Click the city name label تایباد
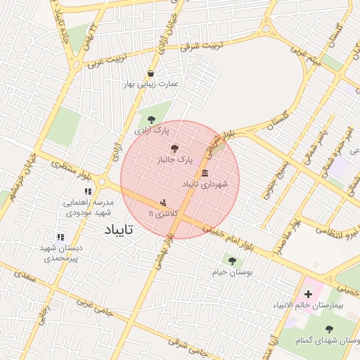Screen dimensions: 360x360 (x=129, y=230)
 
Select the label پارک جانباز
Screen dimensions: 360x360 (x=174, y=160)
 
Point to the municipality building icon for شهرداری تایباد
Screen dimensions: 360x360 (x=205, y=173)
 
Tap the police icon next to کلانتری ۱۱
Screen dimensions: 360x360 (x=164, y=202)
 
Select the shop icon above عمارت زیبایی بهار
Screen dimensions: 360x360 (x=150, y=73)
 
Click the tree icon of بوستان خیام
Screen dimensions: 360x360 (x=231, y=261)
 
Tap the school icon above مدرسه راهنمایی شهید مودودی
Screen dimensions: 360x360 (x=88, y=191)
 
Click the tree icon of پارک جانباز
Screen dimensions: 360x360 (x=174, y=148)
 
